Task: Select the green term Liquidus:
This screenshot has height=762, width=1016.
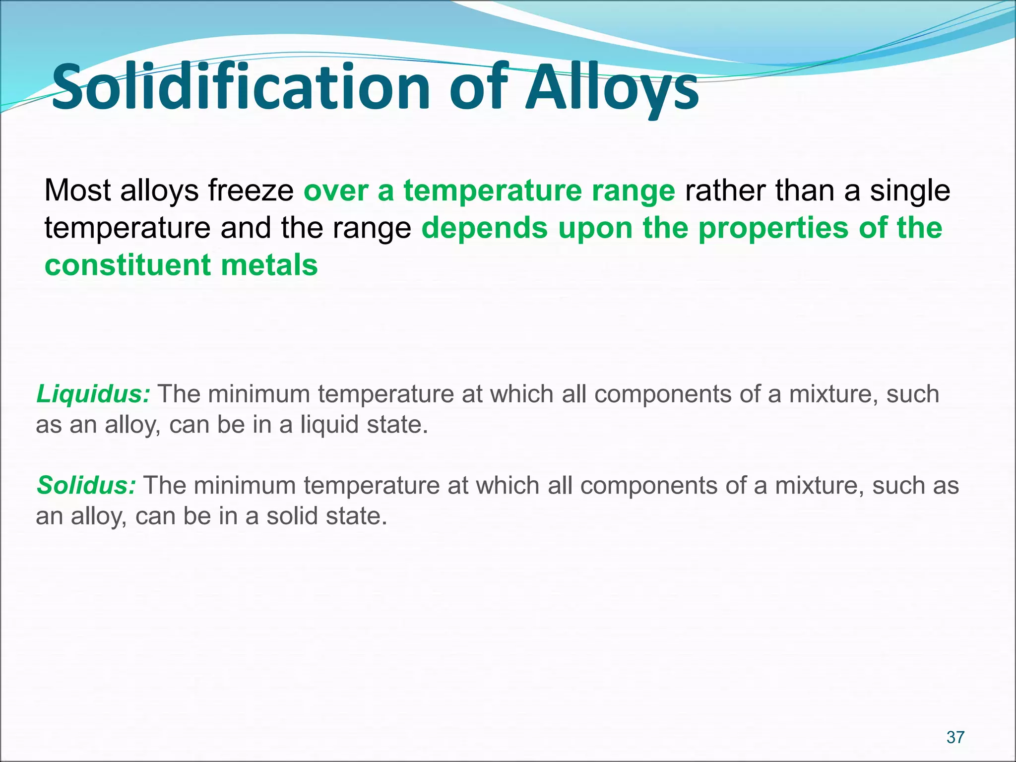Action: (93, 394)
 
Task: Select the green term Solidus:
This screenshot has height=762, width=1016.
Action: (86, 486)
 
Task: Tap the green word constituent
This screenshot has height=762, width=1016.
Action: (127, 265)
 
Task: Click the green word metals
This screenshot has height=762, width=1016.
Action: (269, 265)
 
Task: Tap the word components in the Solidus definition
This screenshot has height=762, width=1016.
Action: (648, 486)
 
